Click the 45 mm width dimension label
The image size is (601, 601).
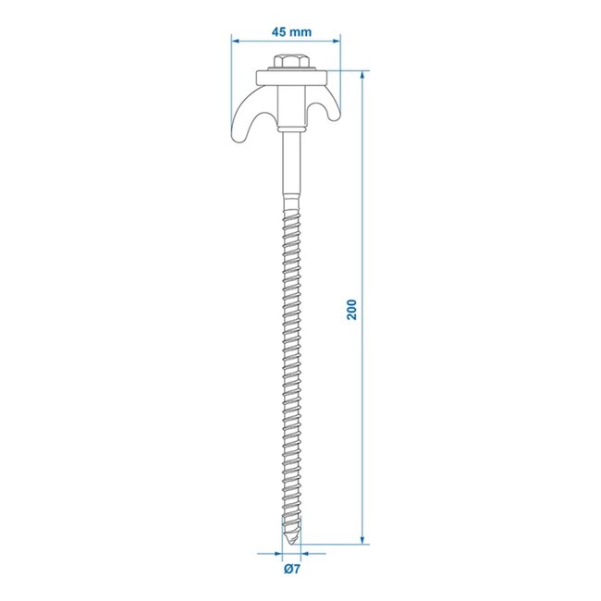point(291,31)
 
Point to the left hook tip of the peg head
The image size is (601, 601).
point(235,139)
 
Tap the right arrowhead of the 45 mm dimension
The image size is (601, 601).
point(336,41)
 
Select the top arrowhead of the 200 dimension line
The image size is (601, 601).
point(362,73)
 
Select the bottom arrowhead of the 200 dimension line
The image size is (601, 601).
point(362,541)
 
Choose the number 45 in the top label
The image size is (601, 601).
point(279,31)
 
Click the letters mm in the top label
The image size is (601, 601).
point(301,31)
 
